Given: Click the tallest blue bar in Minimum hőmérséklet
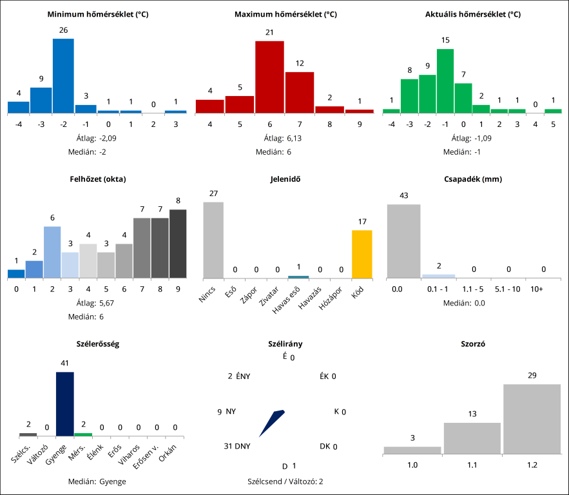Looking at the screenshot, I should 63,76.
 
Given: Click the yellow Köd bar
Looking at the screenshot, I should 362,254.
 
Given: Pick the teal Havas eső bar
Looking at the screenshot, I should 298,277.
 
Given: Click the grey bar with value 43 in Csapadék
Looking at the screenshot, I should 403,241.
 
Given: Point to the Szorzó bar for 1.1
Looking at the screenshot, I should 472,438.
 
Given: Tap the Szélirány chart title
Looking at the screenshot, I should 285,344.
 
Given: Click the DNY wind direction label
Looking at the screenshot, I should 242,446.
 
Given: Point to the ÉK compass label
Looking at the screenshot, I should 324,376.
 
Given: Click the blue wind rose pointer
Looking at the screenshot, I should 271,423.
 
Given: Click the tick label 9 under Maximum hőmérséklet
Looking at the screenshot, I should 359,124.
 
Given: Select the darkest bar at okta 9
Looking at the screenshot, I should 178,244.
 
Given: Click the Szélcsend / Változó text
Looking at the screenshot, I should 285,481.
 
